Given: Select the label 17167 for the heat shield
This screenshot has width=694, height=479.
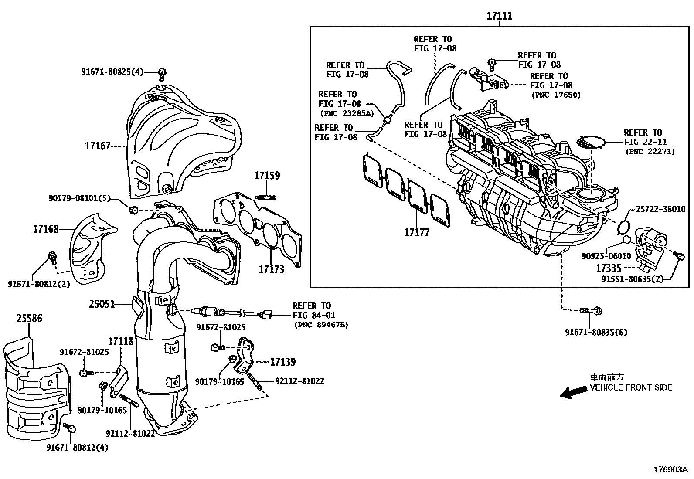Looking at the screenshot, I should click(x=97, y=146).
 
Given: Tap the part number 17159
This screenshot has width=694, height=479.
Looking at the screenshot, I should click(x=267, y=176).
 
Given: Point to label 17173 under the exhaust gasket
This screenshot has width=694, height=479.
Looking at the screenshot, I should click(x=271, y=269).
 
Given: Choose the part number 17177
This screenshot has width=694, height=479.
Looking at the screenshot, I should click(x=417, y=232).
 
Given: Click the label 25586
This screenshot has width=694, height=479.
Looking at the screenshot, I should click(x=30, y=319).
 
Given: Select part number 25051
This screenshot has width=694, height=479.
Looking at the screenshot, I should click(x=102, y=304).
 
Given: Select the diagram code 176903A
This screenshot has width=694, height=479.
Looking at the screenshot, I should click(x=670, y=469).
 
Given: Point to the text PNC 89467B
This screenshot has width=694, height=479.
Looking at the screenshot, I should click(x=321, y=325).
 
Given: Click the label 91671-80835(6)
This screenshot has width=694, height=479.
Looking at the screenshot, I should click(x=596, y=332).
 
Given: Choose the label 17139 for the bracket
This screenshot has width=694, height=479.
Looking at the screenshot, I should click(x=282, y=362).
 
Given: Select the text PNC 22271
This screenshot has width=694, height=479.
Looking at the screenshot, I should click(x=650, y=152).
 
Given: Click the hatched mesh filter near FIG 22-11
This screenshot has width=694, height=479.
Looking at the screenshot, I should click(x=591, y=142).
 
